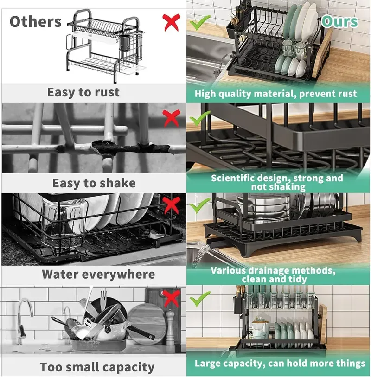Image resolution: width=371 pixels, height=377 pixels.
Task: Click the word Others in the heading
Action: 35,22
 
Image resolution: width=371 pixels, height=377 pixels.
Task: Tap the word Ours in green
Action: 339,22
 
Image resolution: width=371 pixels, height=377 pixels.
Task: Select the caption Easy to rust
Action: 83,92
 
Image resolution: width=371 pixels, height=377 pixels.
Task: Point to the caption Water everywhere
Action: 98,274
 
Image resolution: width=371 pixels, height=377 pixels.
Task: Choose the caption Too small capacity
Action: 97,367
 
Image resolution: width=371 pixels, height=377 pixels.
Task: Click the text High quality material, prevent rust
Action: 276,94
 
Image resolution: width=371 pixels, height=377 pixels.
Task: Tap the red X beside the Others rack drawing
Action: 172,22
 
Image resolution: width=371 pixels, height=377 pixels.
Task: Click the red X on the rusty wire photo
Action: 172,118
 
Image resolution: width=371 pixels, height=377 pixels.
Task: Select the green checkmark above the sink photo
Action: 199,21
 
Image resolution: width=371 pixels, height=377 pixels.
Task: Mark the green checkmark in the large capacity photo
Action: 199,296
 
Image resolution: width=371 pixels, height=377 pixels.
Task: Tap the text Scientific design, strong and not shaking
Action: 277,182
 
